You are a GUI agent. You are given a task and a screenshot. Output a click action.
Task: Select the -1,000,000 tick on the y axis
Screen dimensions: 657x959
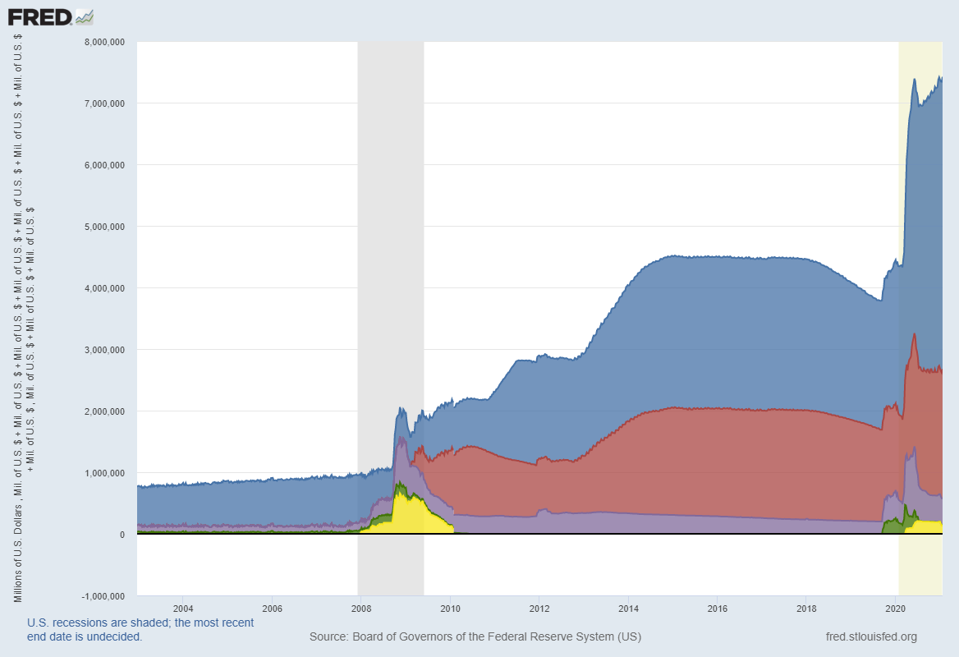click(x=103, y=596)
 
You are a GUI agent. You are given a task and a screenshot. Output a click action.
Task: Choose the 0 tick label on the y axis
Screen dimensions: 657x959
click(x=122, y=535)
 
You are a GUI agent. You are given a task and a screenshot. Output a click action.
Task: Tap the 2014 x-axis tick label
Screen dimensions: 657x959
click(x=628, y=609)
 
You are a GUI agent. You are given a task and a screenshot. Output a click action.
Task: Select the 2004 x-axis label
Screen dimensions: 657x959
click(x=183, y=609)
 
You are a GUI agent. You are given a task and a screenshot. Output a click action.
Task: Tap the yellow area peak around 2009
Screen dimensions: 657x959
click(x=400, y=494)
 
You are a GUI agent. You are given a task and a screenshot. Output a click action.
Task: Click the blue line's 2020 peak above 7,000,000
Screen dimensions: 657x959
click(x=915, y=80)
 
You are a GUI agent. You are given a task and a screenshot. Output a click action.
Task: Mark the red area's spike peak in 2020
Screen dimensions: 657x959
click(x=914, y=334)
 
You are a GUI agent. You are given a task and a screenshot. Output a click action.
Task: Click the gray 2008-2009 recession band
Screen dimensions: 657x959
click(x=390, y=246)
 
